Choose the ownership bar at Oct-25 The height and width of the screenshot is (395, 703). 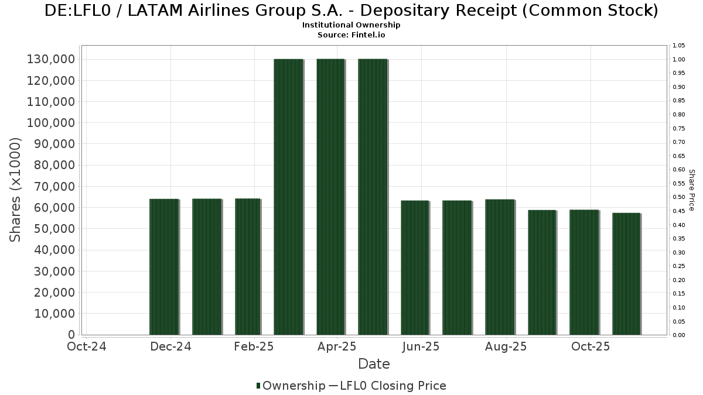[x=584, y=272]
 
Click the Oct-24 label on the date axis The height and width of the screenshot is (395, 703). [x=86, y=346]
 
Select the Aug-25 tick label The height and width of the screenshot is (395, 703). [x=506, y=346]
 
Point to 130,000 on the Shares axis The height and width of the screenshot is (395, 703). [x=50, y=59]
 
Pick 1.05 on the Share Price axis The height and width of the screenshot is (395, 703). [x=679, y=46]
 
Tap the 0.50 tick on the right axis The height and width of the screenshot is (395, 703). [x=679, y=197]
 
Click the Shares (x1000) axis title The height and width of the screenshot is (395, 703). [x=16, y=190]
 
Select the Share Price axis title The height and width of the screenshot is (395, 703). [x=691, y=190]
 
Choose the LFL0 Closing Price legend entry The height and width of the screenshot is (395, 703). [x=388, y=386]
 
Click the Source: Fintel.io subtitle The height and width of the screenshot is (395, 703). [x=351, y=35]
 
